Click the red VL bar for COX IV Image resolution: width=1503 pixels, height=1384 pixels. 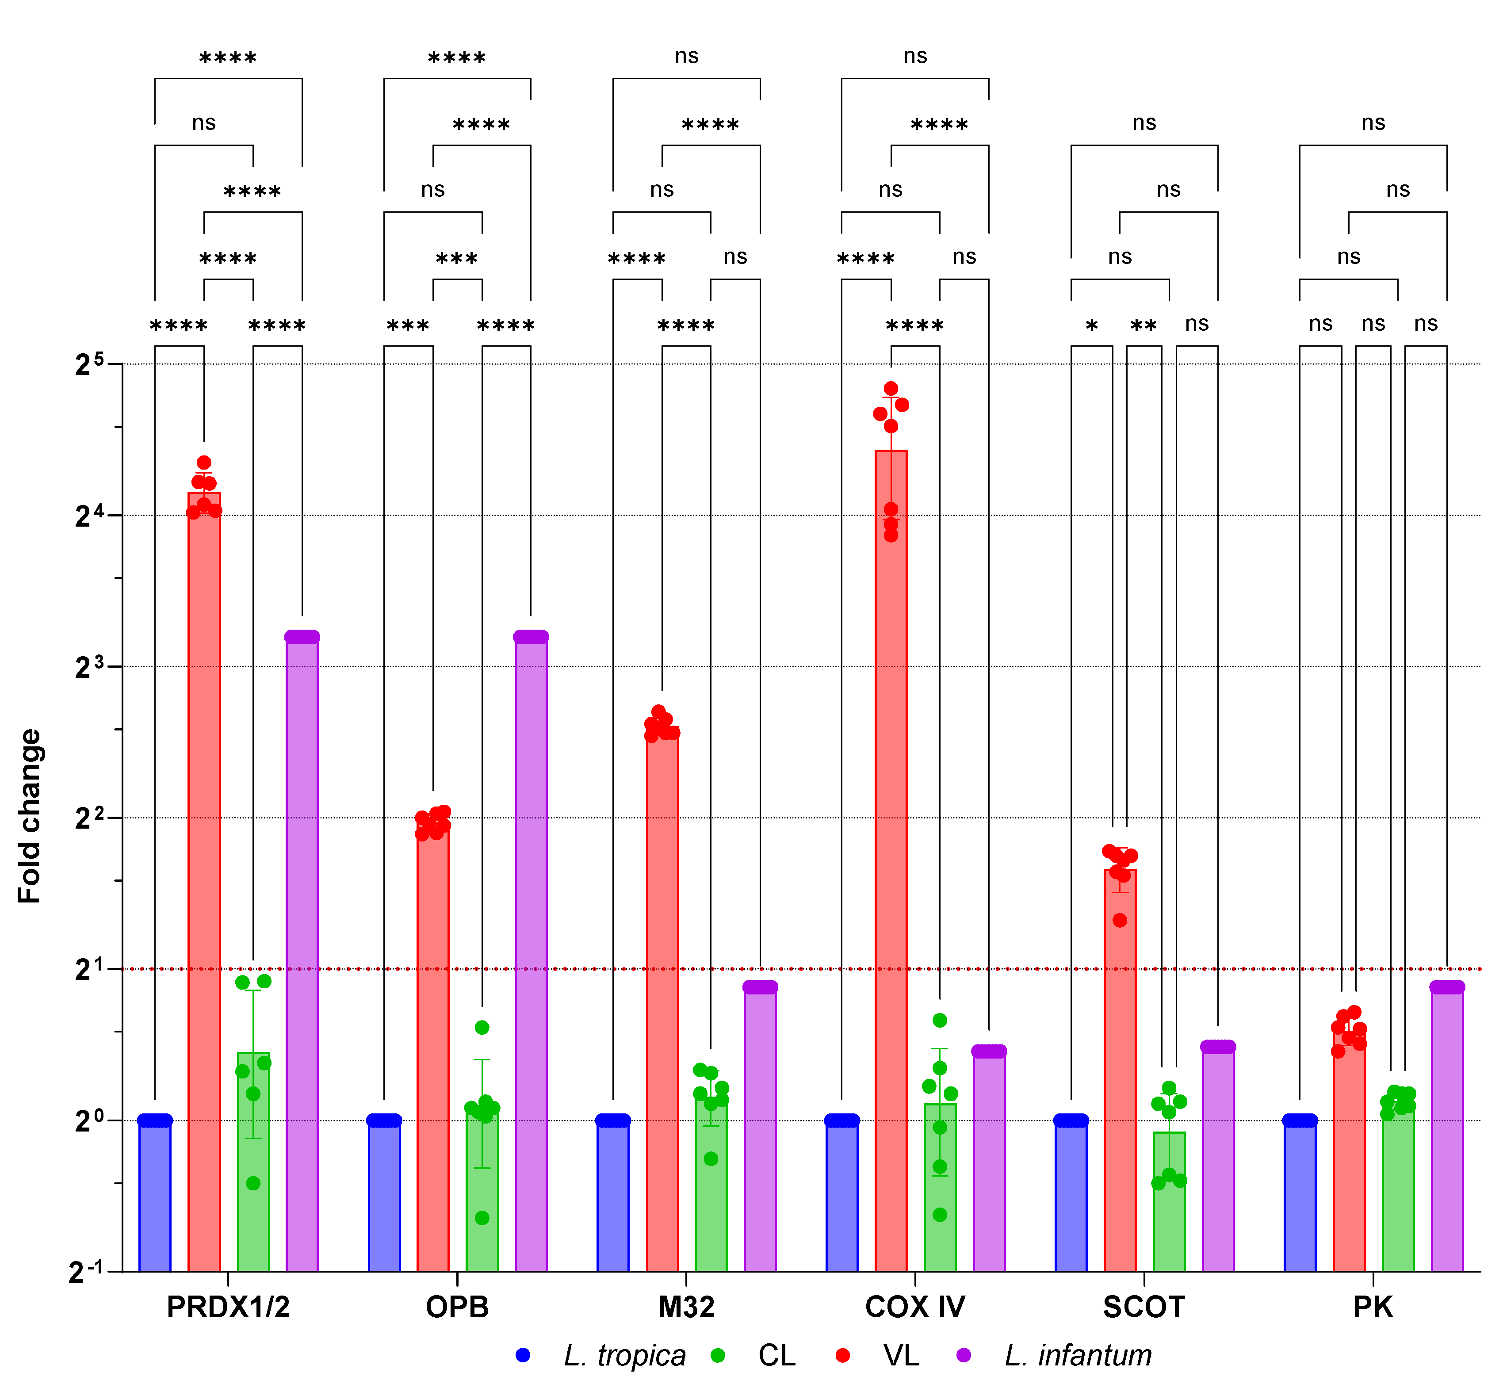click(891, 861)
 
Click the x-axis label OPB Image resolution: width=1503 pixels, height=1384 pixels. click(457, 1308)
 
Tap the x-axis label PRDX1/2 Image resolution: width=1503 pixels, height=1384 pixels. click(228, 1308)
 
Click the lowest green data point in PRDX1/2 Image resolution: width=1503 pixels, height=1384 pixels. click(253, 1183)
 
